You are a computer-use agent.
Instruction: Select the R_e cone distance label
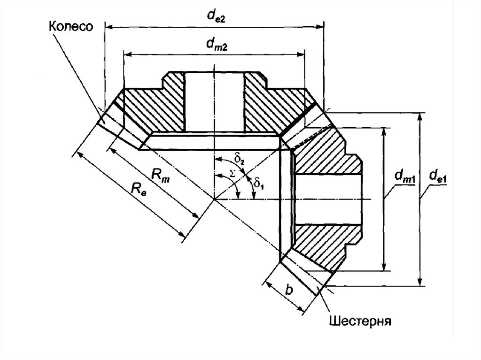tap(139, 189)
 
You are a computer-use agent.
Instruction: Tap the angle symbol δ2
tap(239, 159)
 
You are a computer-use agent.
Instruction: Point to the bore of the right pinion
tap(329, 199)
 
